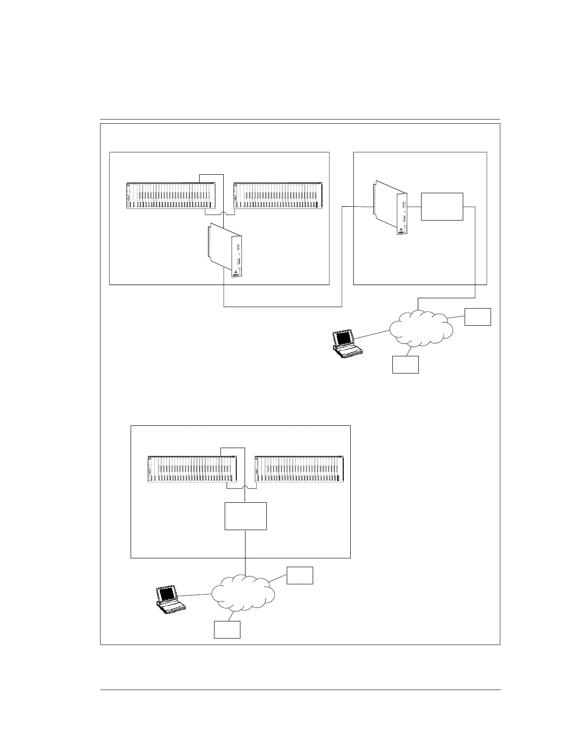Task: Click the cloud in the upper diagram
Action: tap(421, 329)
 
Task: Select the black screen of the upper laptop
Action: tap(343, 337)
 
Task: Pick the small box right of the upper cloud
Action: tap(478, 316)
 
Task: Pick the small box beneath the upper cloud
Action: tap(405, 365)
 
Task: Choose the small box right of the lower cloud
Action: tap(300, 575)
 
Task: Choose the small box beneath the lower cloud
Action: tap(227, 630)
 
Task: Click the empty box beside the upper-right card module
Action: tap(442, 206)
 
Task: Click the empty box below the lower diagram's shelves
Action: tap(246, 516)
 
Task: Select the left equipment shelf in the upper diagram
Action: tap(171, 196)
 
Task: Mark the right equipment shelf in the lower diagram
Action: tap(299, 469)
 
